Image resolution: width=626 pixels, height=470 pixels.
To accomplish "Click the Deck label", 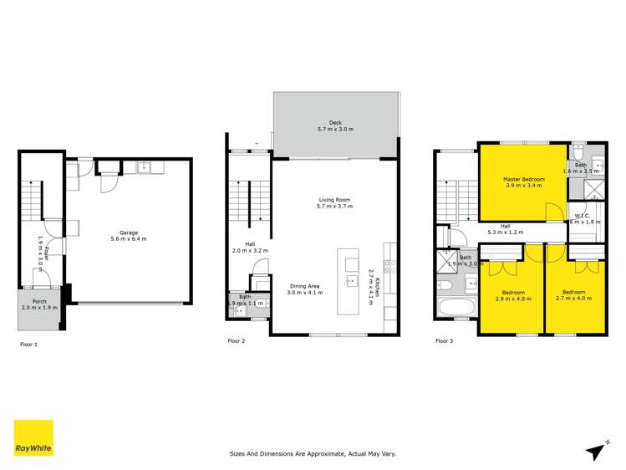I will pyautogui.click(x=334, y=125).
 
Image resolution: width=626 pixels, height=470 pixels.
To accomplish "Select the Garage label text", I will pyautogui.click(x=128, y=232).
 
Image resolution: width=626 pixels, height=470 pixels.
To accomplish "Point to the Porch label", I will pyautogui.click(x=39, y=303).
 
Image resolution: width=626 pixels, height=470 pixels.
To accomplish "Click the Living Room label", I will pyautogui.click(x=334, y=200).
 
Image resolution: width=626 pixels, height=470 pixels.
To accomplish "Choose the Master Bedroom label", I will pyautogui.click(x=524, y=180).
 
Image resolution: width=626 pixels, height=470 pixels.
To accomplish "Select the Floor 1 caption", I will pyautogui.click(x=29, y=344).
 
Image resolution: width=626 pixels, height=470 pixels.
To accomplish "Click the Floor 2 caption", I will pyautogui.click(x=237, y=341).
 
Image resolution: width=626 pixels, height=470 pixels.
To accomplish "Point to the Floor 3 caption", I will pyautogui.click(x=445, y=341).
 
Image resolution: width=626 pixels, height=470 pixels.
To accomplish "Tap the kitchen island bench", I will pyautogui.click(x=349, y=281).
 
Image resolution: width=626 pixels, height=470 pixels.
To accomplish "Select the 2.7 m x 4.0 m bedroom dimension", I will pyautogui.click(x=573, y=298).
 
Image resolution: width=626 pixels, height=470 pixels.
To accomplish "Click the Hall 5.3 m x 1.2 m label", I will pyautogui.click(x=511, y=228).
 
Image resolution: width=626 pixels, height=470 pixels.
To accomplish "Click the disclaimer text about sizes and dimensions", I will pyautogui.click(x=313, y=454).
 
